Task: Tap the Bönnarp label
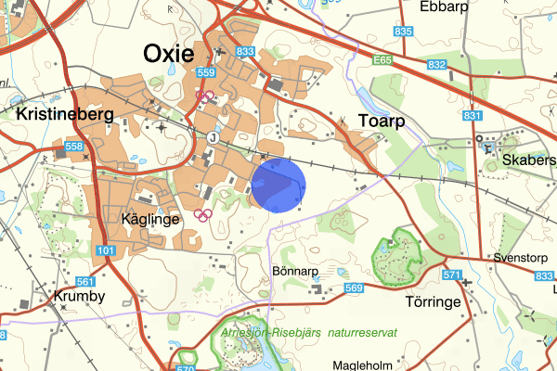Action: pyautogui.click(x=295, y=272)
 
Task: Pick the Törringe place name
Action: pyautogui.click(x=433, y=301)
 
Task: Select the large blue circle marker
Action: pyautogui.click(x=279, y=185)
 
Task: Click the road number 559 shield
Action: pyautogui.click(x=206, y=72)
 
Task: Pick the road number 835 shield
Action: pyautogui.click(x=402, y=32)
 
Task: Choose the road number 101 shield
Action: pyautogui.click(x=106, y=250)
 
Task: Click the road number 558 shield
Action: pyautogui.click(x=74, y=147)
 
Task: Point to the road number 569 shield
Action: pyautogui.click(x=354, y=288)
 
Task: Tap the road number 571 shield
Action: pyautogui.click(x=452, y=275)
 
